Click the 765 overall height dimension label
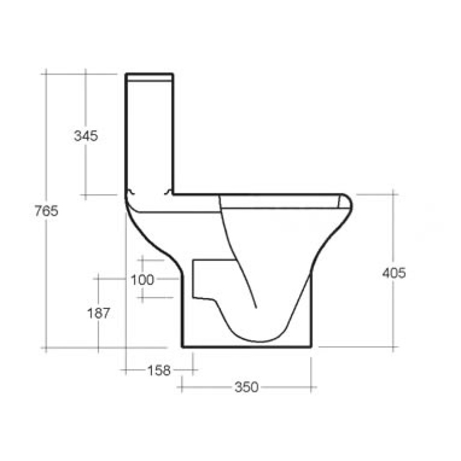point(46,211)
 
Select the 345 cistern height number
point(86,136)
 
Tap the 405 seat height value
point(394,272)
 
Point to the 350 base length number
point(246,388)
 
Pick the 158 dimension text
point(159,370)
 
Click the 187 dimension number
point(98,313)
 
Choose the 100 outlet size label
point(142,279)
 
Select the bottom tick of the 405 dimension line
point(394,347)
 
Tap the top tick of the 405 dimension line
point(394,194)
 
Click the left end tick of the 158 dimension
point(126,370)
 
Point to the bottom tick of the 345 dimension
point(86,195)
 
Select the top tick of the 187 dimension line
point(98,278)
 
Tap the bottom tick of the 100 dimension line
point(142,298)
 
